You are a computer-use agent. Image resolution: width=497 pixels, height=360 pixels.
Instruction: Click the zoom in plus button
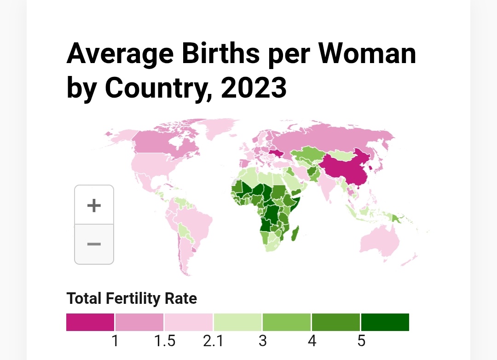(x=94, y=205)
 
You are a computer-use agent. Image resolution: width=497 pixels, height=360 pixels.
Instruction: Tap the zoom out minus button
(x=94, y=244)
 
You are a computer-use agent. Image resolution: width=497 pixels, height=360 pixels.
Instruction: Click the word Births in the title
(x=216, y=54)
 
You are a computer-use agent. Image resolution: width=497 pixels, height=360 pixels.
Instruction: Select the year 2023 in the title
(x=254, y=87)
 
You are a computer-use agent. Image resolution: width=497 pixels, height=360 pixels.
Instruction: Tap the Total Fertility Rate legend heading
(x=132, y=298)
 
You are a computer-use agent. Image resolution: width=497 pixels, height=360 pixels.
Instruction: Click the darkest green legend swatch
(x=385, y=322)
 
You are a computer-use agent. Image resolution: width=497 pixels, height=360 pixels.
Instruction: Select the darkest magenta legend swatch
(x=90, y=322)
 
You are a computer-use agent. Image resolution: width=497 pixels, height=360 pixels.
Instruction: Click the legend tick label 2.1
(x=213, y=341)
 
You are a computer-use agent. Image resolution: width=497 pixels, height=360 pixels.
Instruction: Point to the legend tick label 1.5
(x=164, y=341)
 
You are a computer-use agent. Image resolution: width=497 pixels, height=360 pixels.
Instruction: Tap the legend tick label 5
(x=361, y=341)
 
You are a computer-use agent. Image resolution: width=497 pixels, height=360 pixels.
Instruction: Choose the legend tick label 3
(x=263, y=341)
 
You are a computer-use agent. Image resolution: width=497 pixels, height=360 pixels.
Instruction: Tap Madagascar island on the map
(x=296, y=233)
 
